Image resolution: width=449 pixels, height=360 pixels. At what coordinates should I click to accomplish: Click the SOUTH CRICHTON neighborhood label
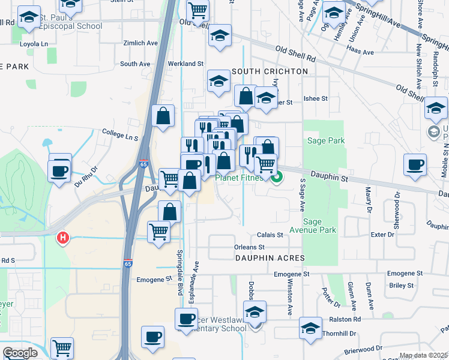click(x=270, y=71)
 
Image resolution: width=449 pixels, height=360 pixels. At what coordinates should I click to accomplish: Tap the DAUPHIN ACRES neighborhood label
click(x=271, y=258)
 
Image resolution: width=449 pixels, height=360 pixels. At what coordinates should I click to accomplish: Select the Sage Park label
click(x=326, y=140)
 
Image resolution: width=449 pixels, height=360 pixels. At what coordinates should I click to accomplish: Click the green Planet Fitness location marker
click(x=277, y=177)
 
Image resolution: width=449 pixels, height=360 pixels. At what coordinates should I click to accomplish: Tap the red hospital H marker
click(x=62, y=239)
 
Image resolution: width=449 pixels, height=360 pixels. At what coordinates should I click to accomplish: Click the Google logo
click(x=20, y=353)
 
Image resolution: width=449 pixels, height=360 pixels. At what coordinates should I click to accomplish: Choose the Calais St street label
click(x=271, y=235)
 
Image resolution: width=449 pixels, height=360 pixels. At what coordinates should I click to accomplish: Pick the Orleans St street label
click(x=250, y=247)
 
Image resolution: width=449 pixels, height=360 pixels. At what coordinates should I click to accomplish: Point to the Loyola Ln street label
click(x=34, y=44)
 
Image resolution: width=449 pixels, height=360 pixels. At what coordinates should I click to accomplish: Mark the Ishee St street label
click(x=316, y=98)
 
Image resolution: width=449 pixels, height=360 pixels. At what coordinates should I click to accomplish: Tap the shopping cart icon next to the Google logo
click(x=62, y=347)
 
